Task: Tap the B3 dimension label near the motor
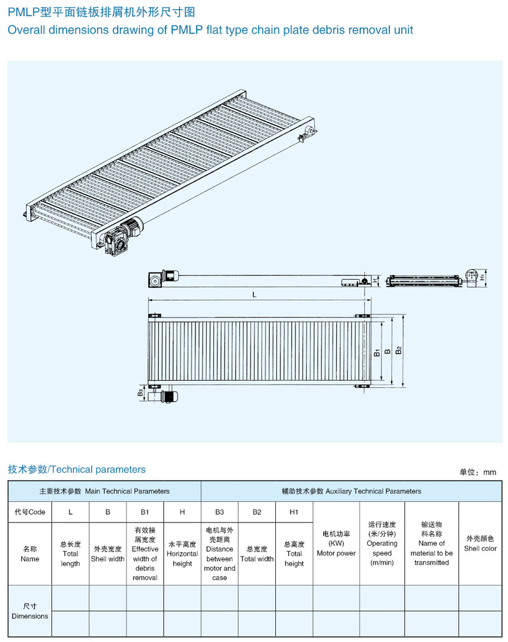pyautogui.click(x=141, y=393)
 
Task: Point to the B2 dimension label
pyautogui.click(x=399, y=351)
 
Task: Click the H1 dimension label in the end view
pyautogui.click(x=483, y=277)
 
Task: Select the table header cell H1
pyautogui.click(x=294, y=512)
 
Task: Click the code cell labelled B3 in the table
pyautogui.click(x=219, y=512)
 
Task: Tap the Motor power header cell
pyautogui.click(x=336, y=543)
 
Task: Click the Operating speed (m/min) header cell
pyautogui.click(x=382, y=543)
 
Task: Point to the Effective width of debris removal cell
pyautogui.click(x=145, y=553)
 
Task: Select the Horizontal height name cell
pyautogui.click(x=182, y=553)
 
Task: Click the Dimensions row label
pyautogui.click(x=30, y=611)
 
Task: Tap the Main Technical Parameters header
pyautogui.click(x=105, y=491)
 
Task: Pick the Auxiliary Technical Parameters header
pyautogui.click(x=351, y=491)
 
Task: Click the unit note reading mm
pyautogui.click(x=478, y=472)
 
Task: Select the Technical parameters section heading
pyautogui.click(x=76, y=469)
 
